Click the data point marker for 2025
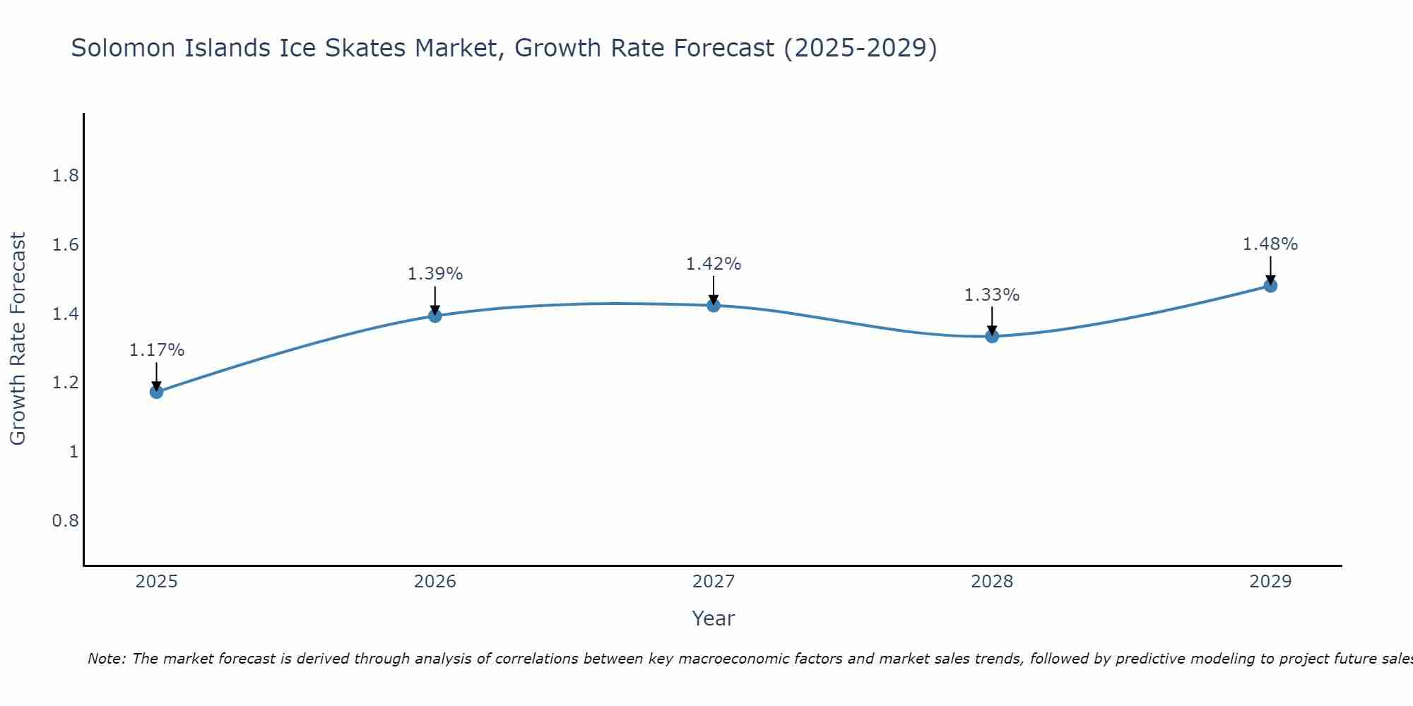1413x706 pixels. coord(157,392)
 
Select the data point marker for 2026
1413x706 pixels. coord(435,316)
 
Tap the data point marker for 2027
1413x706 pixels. coord(714,305)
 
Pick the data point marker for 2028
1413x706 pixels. coord(992,336)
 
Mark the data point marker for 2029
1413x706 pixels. coord(1270,285)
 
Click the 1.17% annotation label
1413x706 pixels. coord(157,350)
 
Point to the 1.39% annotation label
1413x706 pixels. coord(435,274)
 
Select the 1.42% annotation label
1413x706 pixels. coord(714,264)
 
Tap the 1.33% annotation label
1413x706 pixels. coord(992,295)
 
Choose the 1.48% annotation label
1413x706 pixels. coord(1270,244)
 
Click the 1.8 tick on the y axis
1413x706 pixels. coord(66,176)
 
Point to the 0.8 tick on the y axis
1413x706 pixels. coord(66,521)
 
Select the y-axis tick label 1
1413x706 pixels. coord(73,452)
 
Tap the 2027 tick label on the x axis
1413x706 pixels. coord(714,582)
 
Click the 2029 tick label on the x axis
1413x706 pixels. coord(1270,582)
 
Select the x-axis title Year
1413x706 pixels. coord(714,618)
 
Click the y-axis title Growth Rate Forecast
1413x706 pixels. coord(18,339)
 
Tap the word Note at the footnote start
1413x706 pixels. coord(105,659)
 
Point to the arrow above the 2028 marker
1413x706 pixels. coord(992,321)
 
